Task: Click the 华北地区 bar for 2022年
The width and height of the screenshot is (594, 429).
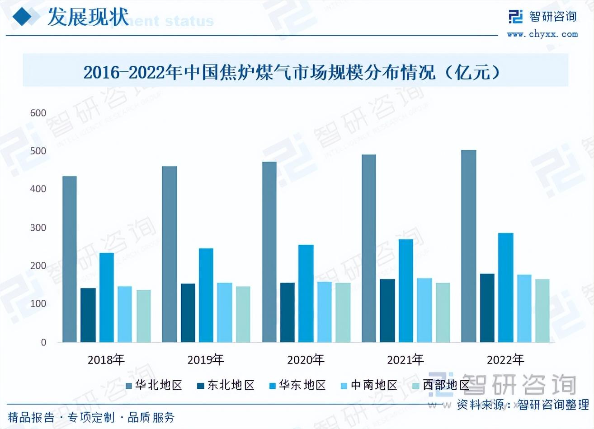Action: coord(469,246)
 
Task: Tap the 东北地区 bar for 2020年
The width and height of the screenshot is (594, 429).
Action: coord(288,312)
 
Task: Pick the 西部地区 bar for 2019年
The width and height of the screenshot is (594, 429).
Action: coord(243,314)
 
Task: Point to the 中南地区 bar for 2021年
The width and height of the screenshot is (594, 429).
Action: coord(424,310)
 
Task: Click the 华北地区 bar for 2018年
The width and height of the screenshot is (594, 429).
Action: coord(70,259)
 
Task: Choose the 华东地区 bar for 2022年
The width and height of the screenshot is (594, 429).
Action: coord(506,288)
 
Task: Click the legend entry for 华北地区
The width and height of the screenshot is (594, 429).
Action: coord(154,385)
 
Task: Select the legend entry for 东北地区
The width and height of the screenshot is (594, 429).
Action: coord(226,385)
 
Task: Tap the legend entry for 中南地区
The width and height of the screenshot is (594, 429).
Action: coord(369,385)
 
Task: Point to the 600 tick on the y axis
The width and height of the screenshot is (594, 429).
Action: coord(38,113)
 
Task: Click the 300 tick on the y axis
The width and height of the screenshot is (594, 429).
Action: coord(38,228)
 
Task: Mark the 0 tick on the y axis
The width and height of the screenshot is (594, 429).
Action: coord(43,342)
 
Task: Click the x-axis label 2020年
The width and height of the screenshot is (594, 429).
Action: coord(306,360)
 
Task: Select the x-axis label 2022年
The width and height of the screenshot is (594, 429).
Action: coord(505,360)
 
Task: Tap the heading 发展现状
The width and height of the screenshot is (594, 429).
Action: coord(88,18)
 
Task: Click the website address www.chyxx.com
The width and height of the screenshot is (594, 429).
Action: coord(542,34)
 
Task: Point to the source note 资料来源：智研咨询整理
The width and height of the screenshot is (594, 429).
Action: coord(523,404)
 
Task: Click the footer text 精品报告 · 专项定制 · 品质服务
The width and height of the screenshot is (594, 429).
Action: coord(91,417)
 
